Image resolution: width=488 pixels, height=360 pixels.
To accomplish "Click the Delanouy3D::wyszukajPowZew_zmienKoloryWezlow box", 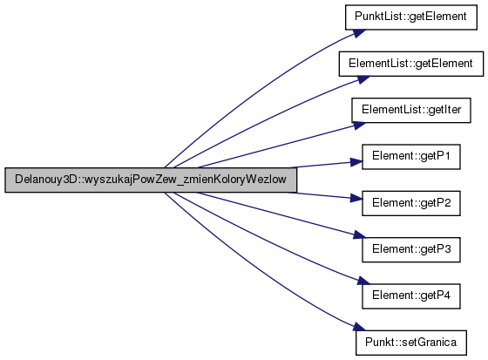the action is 151,180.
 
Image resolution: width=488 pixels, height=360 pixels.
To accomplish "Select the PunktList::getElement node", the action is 410,17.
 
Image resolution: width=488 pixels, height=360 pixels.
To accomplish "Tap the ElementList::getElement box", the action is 411,64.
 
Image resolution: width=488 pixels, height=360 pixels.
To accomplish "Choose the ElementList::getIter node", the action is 411,110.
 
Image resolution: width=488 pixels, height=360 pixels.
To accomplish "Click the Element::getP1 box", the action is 410,157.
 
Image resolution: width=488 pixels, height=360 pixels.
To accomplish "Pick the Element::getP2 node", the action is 410,203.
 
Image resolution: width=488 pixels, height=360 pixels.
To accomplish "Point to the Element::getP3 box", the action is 410,249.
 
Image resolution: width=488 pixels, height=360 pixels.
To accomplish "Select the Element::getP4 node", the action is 410,295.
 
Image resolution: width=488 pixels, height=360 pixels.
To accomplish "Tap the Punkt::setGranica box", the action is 411,343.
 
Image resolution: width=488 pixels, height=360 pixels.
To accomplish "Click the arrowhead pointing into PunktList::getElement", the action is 359,33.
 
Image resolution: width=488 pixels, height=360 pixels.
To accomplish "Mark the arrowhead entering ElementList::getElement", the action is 363,79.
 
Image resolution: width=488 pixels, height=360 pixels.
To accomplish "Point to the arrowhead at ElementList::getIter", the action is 360,126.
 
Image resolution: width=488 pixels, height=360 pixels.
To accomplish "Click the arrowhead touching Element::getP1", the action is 356,162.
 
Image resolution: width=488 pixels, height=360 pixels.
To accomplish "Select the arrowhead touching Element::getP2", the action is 356,198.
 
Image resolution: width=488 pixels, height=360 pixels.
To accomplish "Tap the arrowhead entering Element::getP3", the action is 360,235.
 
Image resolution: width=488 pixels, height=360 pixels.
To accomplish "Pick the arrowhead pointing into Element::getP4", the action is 364,281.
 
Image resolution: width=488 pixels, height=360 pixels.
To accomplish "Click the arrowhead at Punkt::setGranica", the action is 359,327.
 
